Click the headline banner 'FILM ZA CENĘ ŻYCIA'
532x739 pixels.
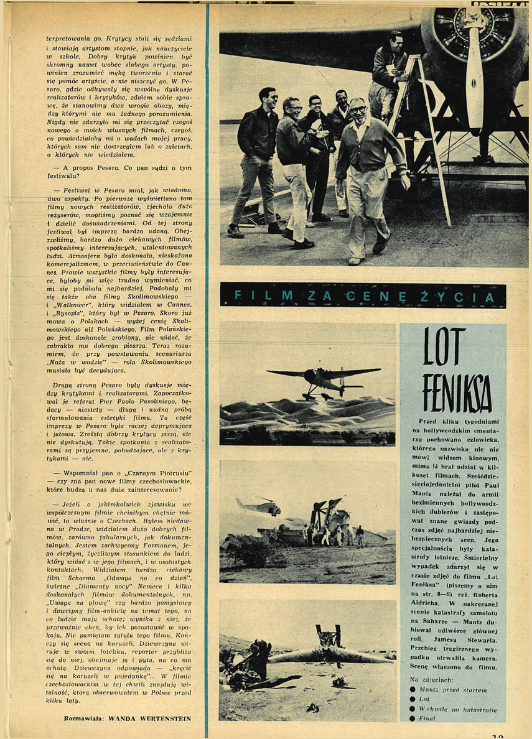coord(362,296)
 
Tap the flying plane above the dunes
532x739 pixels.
coord(324,378)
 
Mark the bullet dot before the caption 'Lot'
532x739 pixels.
coord(412,700)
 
